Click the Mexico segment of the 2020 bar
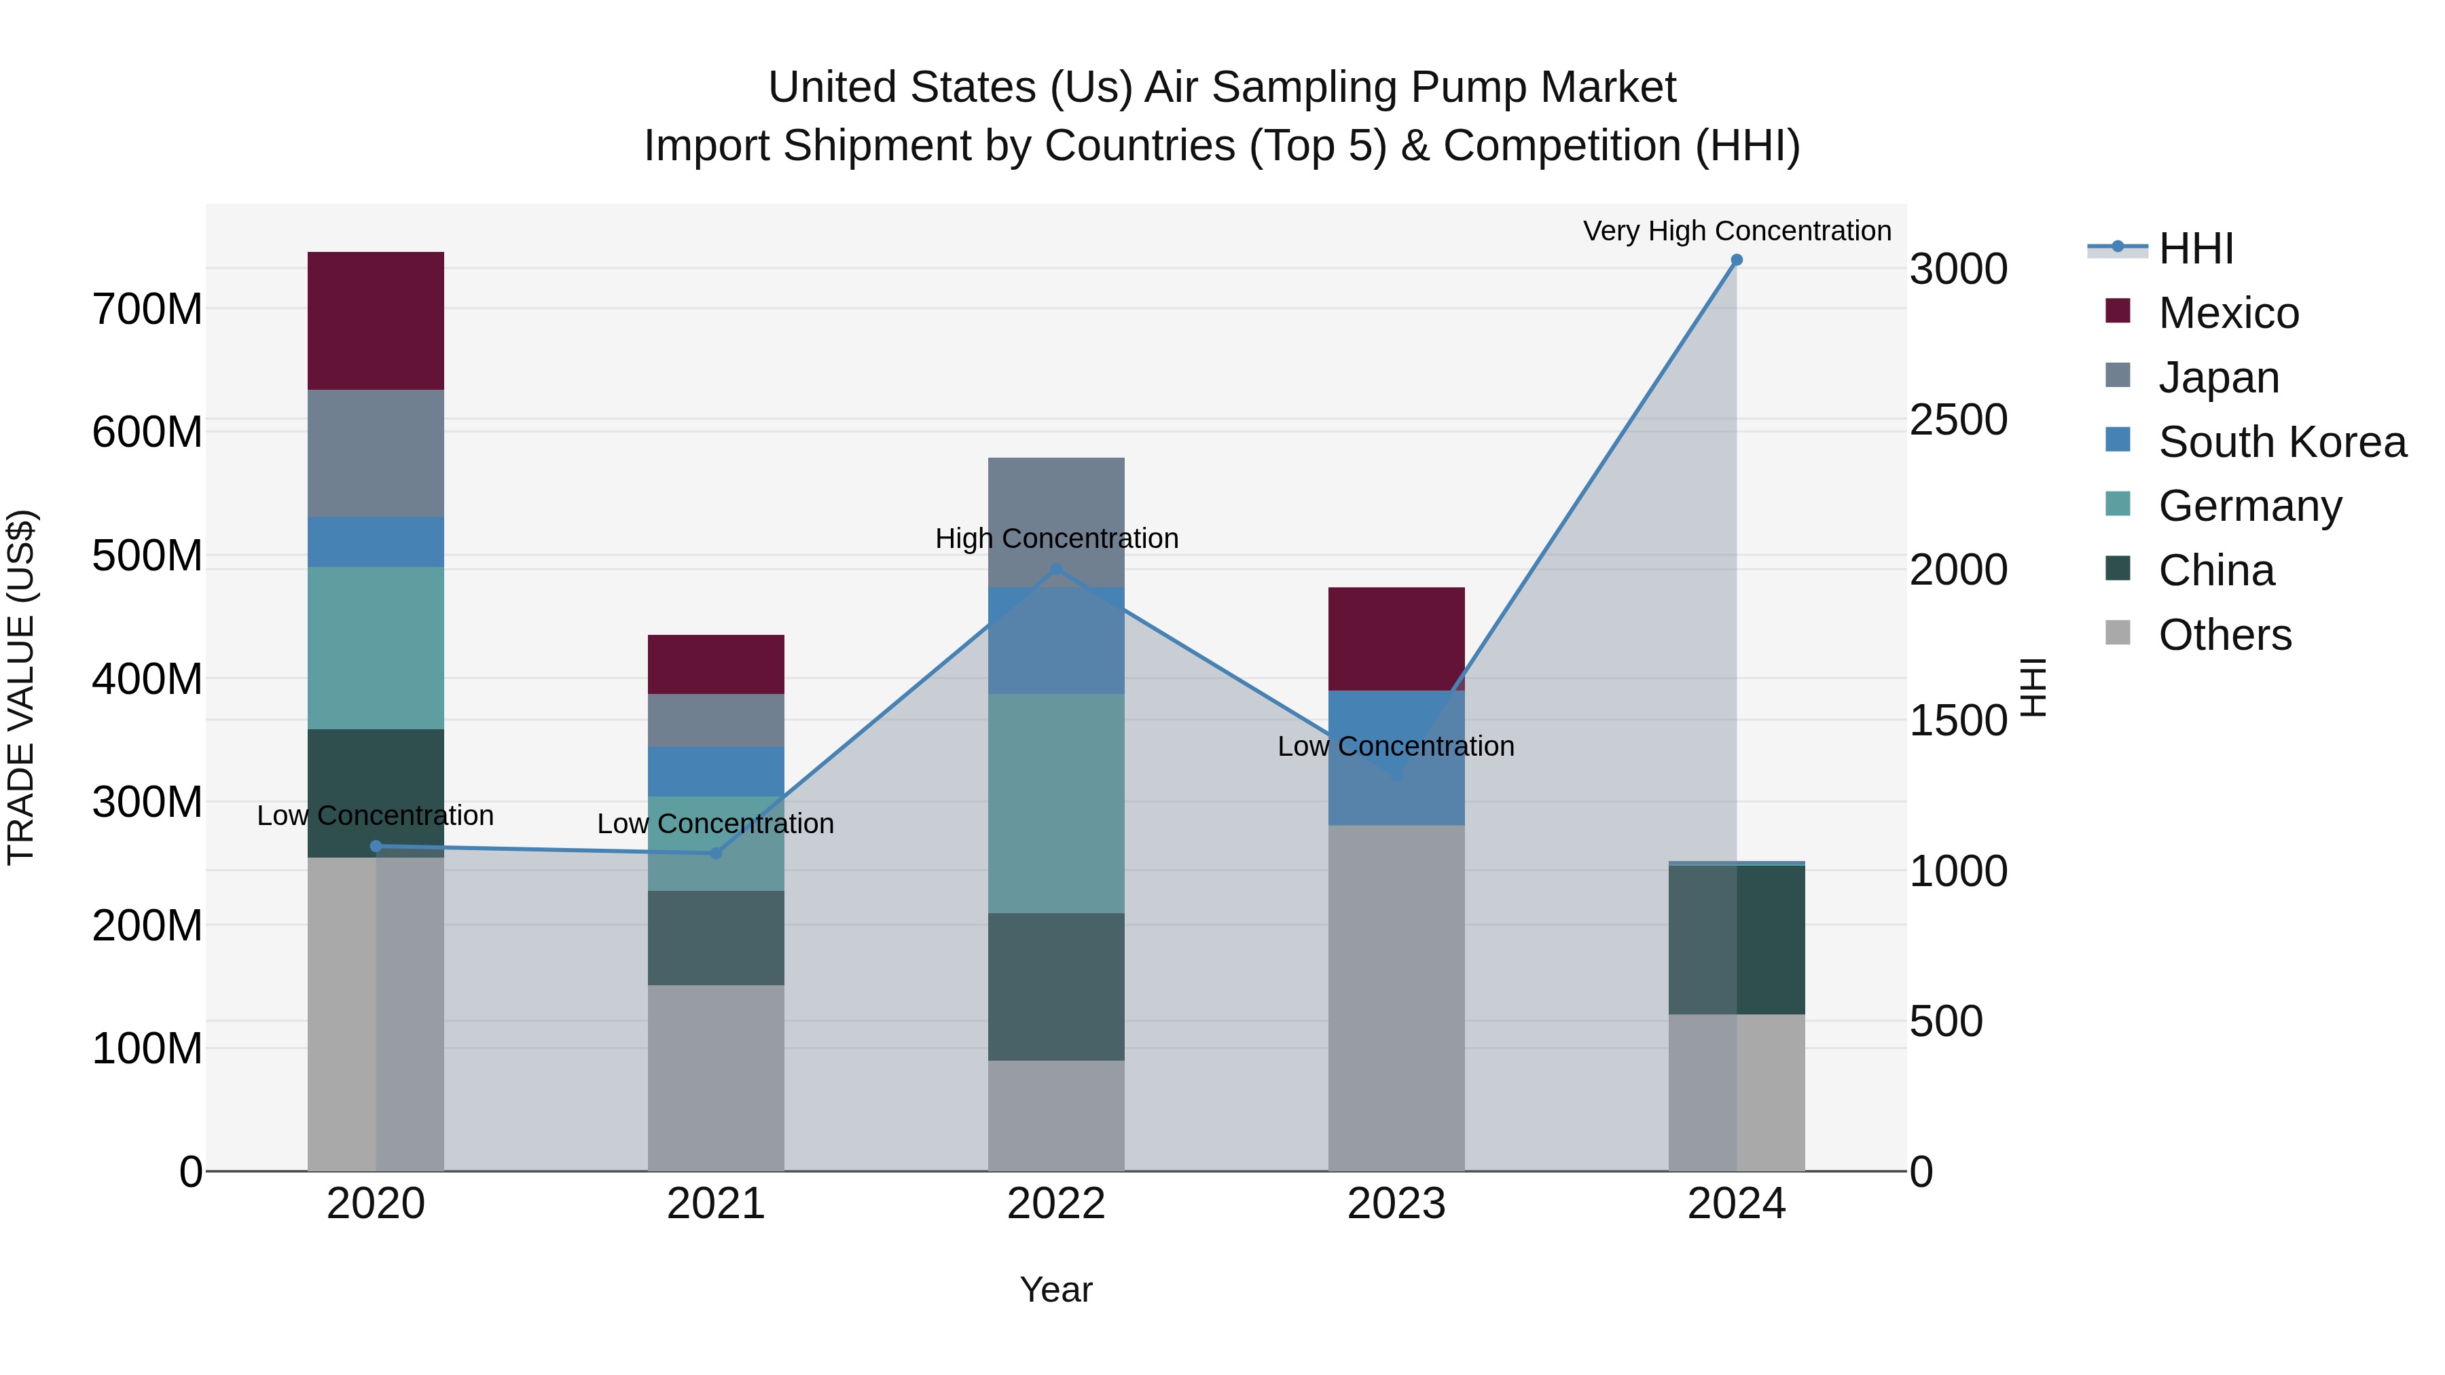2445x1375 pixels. [376, 320]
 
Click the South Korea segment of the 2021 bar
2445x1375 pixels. [716, 771]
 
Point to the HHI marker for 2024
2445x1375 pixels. [1736, 260]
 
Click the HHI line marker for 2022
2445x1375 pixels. [1055, 570]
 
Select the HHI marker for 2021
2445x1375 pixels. [716, 853]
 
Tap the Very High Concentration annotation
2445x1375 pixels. [1736, 231]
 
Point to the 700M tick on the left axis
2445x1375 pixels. [147, 310]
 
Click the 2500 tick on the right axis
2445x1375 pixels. [1958, 420]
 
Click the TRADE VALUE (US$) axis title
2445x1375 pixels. [22, 687]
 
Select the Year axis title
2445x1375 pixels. [1055, 1289]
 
